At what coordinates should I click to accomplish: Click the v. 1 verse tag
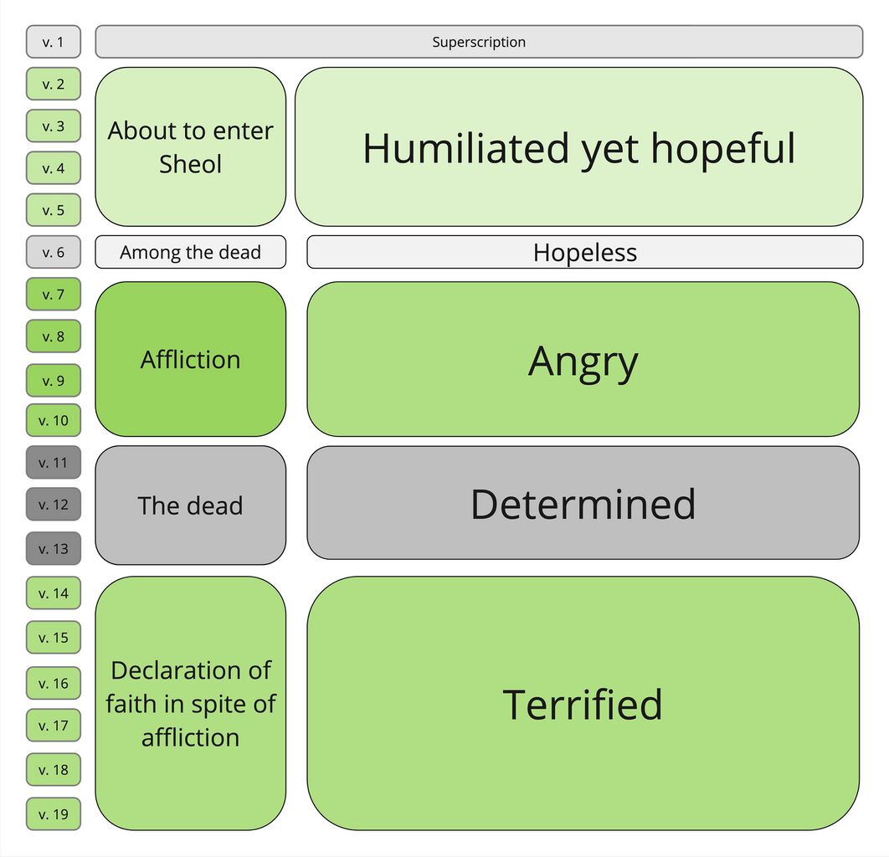(54, 42)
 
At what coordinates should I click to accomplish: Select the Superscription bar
(479, 42)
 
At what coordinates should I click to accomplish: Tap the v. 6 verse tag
(54, 252)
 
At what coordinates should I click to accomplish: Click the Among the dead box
(191, 252)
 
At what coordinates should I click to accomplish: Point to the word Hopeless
(585, 253)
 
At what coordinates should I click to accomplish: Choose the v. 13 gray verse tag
(54, 549)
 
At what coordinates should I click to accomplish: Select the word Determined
(583, 504)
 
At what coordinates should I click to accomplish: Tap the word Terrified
(583, 704)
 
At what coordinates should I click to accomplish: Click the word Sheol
(191, 164)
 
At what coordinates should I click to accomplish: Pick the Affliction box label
(191, 360)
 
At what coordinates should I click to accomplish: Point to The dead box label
(191, 505)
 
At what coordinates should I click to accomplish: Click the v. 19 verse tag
(54, 814)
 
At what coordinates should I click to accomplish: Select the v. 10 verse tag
(54, 421)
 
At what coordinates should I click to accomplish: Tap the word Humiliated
(466, 148)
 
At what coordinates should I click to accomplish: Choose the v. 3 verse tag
(54, 126)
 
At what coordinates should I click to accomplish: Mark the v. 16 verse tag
(54, 684)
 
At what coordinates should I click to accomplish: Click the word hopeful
(723, 149)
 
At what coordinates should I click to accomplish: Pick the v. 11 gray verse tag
(54, 463)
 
